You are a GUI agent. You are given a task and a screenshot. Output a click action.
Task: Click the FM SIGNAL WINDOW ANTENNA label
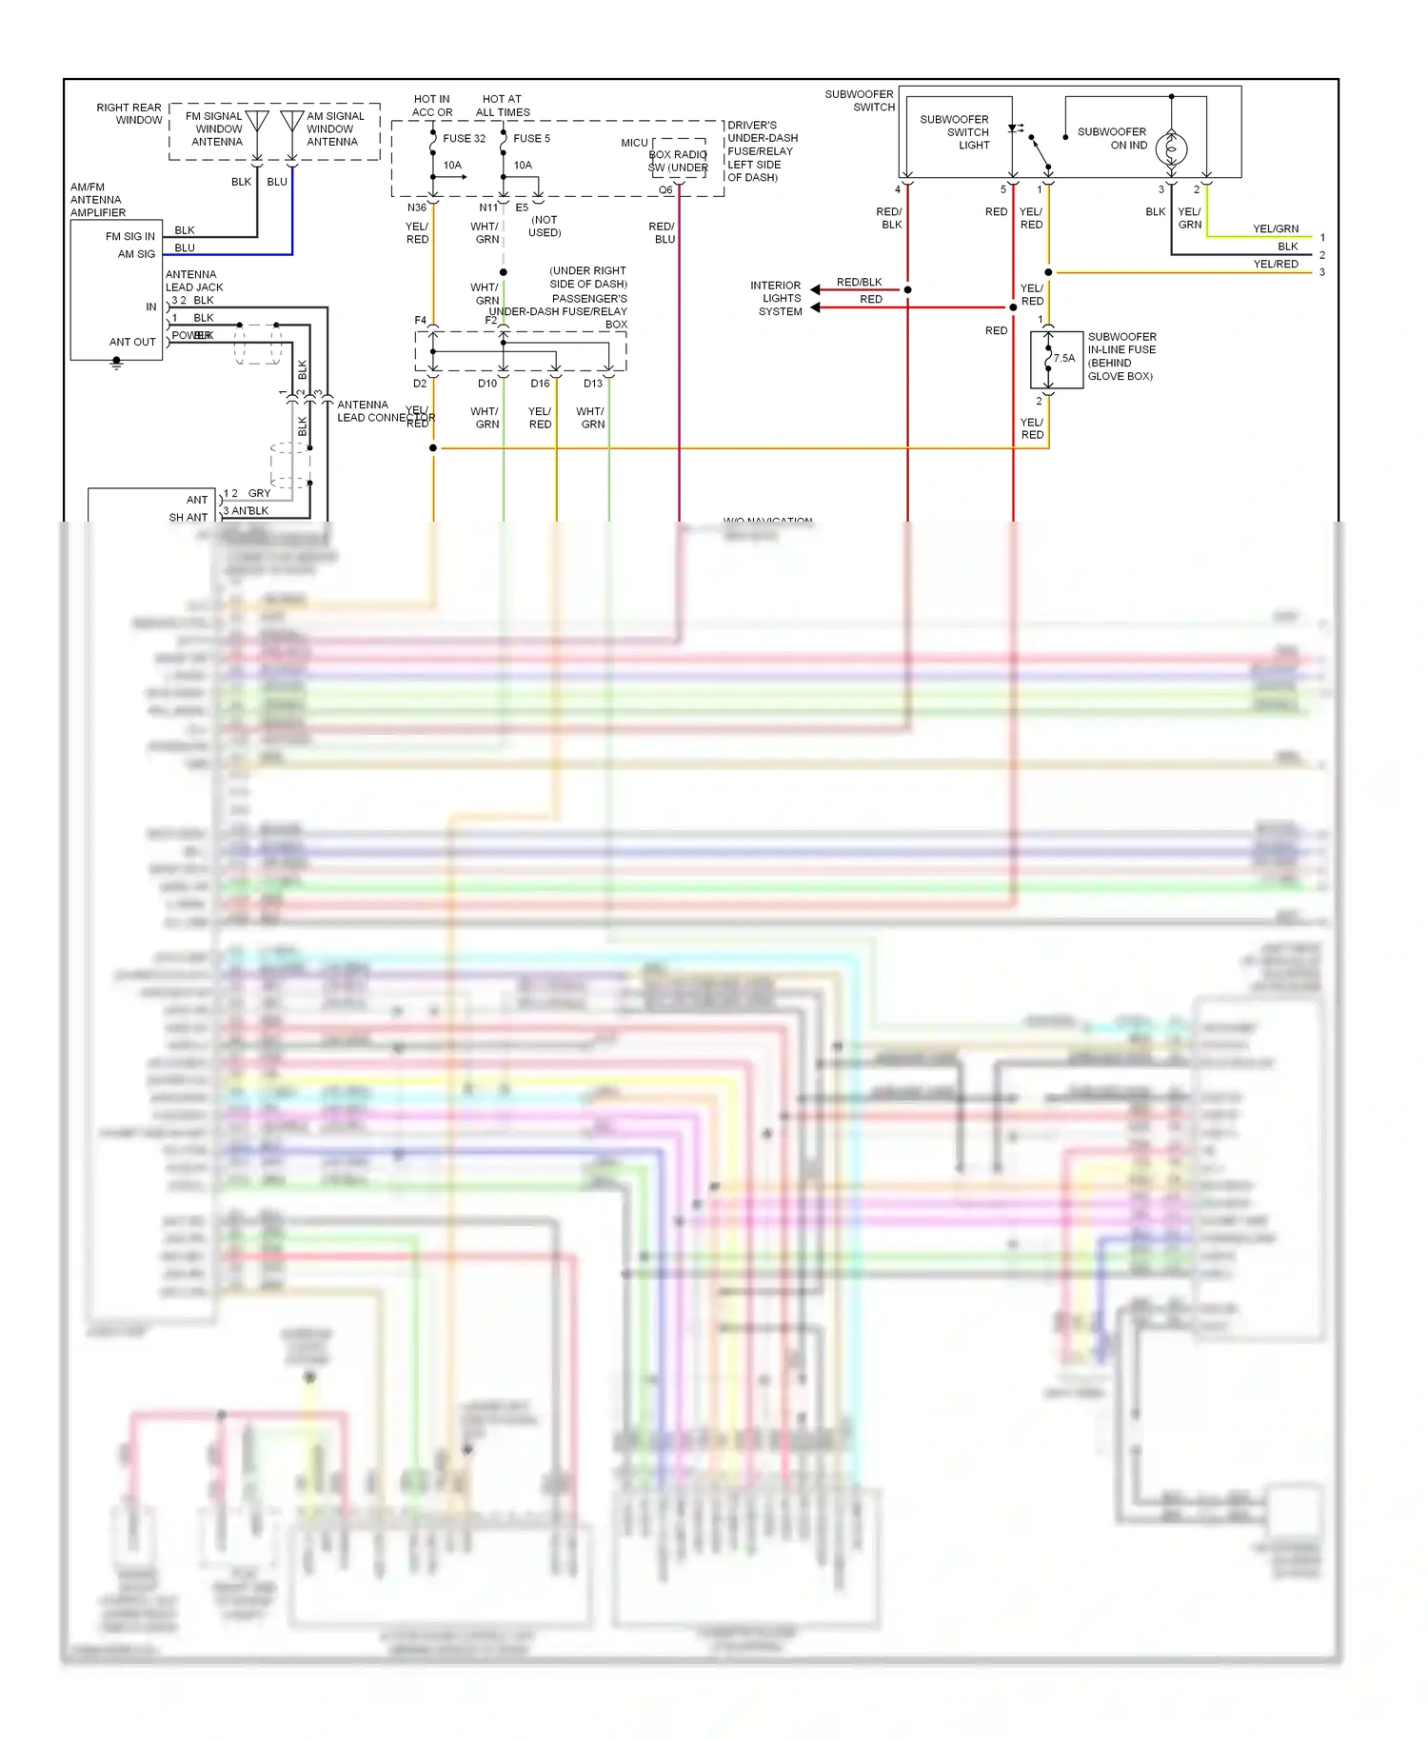(x=217, y=129)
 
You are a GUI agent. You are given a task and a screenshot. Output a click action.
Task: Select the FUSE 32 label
(x=464, y=139)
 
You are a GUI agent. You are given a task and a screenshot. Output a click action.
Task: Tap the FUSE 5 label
(x=531, y=139)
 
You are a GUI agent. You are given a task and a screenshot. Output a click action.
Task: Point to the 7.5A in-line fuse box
(x=1056, y=359)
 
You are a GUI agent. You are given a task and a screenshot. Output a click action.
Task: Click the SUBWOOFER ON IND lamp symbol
(x=1171, y=148)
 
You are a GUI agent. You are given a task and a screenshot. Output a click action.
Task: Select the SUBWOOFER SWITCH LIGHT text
(x=955, y=132)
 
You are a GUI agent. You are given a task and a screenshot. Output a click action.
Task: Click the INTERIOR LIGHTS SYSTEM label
(x=777, y=298)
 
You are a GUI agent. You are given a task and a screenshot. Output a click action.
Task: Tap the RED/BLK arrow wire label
(x=859, y=283)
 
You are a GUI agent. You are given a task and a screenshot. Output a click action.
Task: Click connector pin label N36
(x=417, y=208)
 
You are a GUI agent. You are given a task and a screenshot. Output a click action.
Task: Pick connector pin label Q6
(x=665, y=190)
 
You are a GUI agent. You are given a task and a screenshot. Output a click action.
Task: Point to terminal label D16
(x=540, y=384)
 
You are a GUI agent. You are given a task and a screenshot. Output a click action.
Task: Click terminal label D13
(x=593, y=384)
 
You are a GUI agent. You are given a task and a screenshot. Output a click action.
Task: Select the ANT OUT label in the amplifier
(x=132, y=343)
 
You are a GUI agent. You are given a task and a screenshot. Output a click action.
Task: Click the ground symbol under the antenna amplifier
(x=116, y=364)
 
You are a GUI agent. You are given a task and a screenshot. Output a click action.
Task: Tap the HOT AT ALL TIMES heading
(x=502, y=106)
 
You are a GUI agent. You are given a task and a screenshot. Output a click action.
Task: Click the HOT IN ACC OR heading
(x=432, y=106)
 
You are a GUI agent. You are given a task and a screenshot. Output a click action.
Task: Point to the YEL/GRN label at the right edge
(x=1275, y=229)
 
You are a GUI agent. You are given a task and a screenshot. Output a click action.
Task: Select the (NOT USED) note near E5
(x=545, y=227)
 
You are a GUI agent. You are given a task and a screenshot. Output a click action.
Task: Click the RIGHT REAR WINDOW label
(x=129, y=114)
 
